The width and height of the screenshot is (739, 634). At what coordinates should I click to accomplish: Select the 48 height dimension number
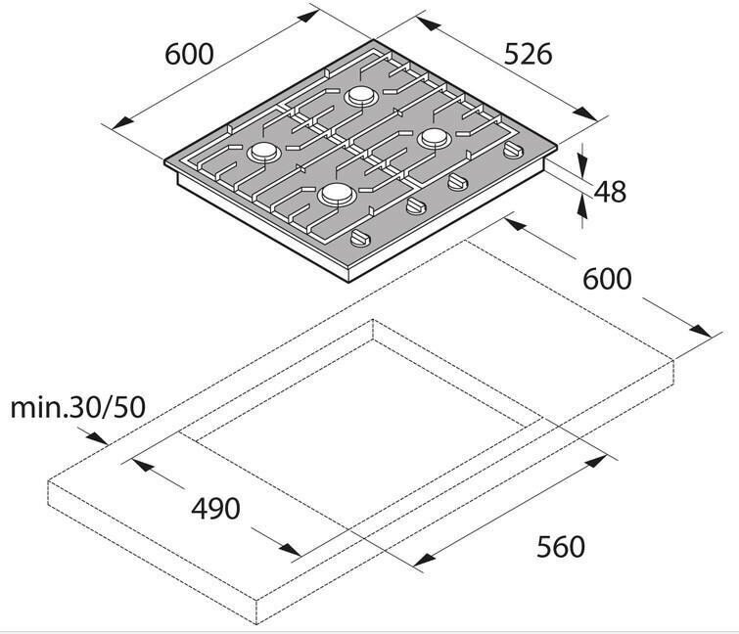(x=610, y=192)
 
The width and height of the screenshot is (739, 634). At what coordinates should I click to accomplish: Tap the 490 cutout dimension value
(x=215, y=509)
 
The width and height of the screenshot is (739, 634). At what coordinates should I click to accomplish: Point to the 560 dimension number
(x=560, y=546)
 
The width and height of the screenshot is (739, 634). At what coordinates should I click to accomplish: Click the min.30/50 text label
(x=77, y=406)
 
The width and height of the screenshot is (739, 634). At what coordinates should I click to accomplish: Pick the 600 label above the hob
(x=189, y=54)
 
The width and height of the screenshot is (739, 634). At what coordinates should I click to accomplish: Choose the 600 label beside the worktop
(x=607, y=278)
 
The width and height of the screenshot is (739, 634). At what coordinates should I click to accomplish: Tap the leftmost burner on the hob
(x=264, y=152)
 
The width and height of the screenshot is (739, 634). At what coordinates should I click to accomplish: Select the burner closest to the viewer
(x=336, y=195)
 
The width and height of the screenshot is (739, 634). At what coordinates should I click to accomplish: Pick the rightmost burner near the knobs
(x=433, y=140)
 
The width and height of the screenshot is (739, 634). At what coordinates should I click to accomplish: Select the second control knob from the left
(x=415, y=206)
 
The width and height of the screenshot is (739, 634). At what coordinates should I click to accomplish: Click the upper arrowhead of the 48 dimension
(x=583, y=159)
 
